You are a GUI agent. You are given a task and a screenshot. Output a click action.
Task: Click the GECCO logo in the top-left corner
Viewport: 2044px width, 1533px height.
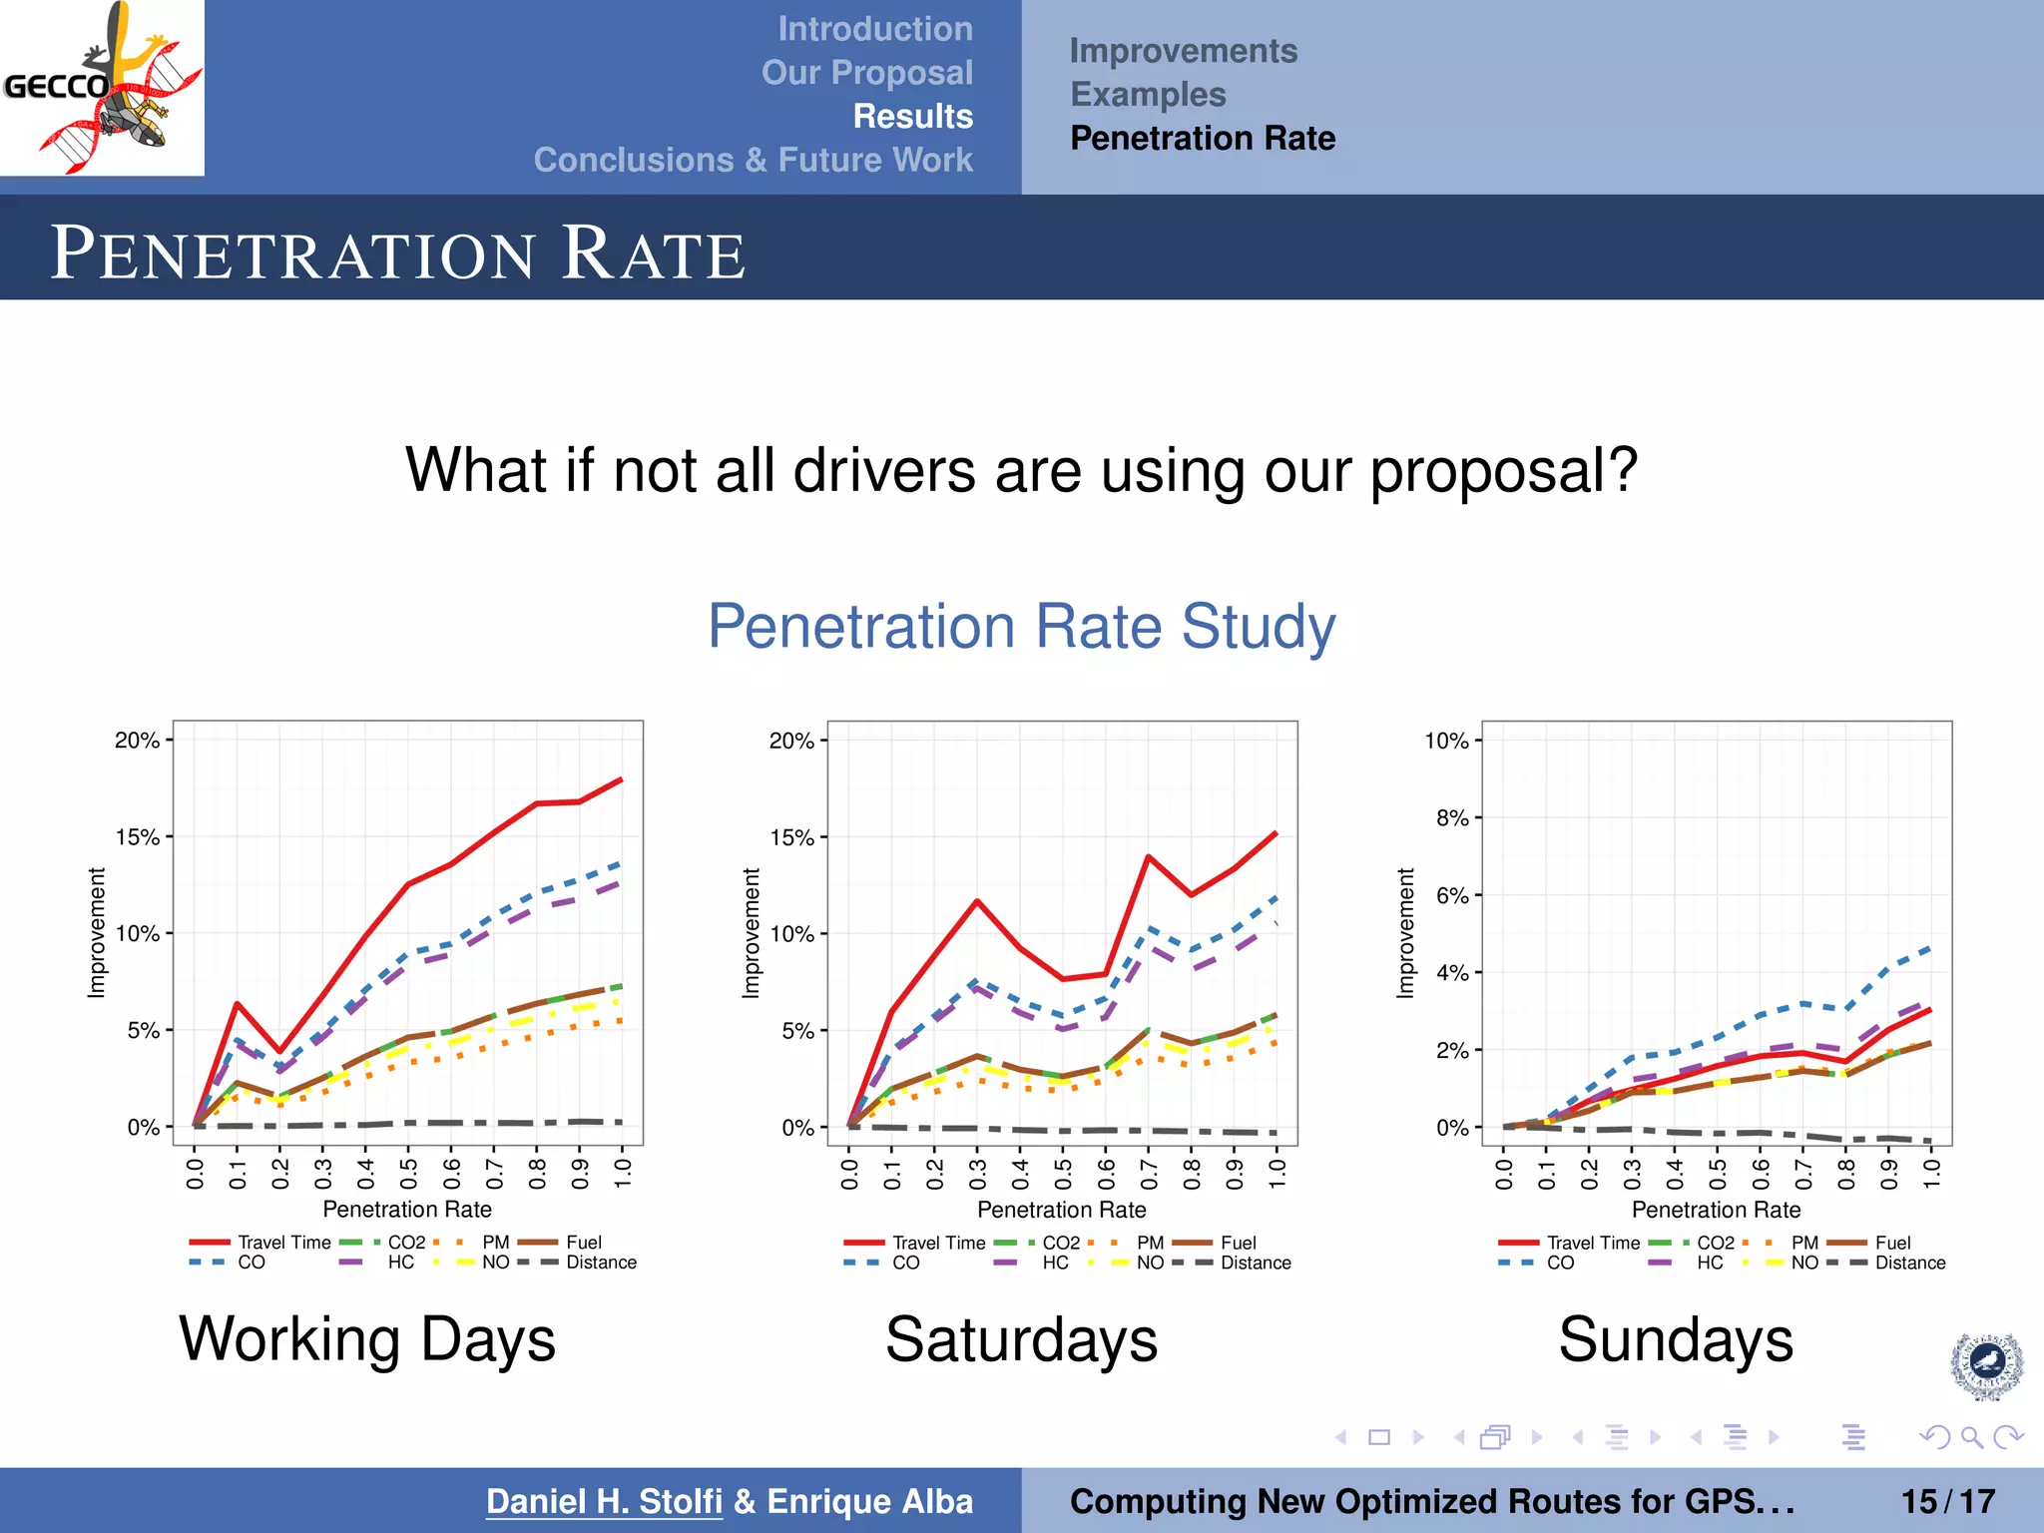tap(102, 88)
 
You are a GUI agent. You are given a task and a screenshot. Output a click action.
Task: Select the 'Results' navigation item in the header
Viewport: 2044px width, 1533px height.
tap(912, 116)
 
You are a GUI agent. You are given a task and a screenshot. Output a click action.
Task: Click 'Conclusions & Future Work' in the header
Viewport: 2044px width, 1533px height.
tap(753, 160)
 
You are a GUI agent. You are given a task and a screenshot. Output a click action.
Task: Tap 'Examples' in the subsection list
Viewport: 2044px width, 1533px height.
tap(1148, 94)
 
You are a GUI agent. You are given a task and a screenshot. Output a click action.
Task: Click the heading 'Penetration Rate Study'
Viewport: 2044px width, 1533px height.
tap(1021, 627)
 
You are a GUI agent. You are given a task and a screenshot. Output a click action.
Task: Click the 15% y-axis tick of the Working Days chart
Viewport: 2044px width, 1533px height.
tap(139, 836)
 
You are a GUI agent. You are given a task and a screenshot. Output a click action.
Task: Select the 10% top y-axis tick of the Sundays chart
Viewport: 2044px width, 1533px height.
tap(1446, 741)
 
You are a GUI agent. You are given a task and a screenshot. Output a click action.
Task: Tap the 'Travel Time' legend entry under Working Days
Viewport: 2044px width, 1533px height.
tap(283, 1243)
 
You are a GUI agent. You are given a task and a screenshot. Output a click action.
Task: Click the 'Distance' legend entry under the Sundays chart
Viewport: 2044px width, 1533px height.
tap(1909, 1263)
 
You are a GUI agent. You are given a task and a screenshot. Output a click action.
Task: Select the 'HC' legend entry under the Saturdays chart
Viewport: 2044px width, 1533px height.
tap(1055, 1263)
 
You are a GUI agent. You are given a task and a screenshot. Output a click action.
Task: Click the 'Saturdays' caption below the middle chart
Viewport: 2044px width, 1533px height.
tap(1021, 1339)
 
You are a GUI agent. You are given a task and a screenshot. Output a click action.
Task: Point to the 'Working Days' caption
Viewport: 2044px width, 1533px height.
tap(366, 1339)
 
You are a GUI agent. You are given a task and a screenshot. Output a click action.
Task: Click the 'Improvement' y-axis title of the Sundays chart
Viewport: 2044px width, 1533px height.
tap(1405, 932)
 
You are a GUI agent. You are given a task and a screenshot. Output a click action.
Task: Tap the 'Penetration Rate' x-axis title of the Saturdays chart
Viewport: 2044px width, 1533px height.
tap(1061, 1210)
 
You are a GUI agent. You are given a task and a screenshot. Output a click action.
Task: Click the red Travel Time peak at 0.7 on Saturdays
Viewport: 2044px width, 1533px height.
tap(1149, 856)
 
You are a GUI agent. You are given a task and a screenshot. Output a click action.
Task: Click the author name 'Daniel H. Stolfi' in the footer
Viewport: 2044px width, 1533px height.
tap(604, 1501)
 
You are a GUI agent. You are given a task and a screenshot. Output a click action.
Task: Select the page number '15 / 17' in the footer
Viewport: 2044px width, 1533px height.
tap(1947, 1501)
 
